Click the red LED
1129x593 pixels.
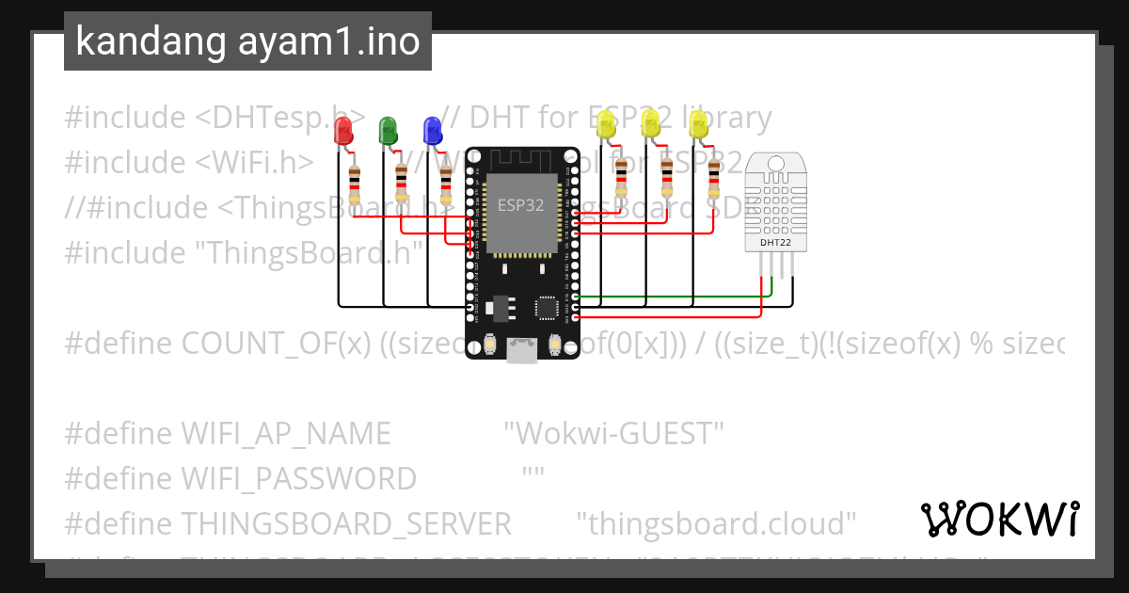343,131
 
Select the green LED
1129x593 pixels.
387,130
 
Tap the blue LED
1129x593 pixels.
432,130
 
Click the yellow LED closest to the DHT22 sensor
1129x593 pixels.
698,125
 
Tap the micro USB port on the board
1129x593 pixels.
520,350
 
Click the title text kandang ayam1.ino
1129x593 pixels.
247,41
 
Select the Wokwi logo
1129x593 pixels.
999,519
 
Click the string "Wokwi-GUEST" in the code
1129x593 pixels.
613,434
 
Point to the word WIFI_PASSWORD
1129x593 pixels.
297,479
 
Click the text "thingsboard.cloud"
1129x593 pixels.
716,523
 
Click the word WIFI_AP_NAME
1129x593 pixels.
285,434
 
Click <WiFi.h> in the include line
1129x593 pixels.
255,163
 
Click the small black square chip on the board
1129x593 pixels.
547,309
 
